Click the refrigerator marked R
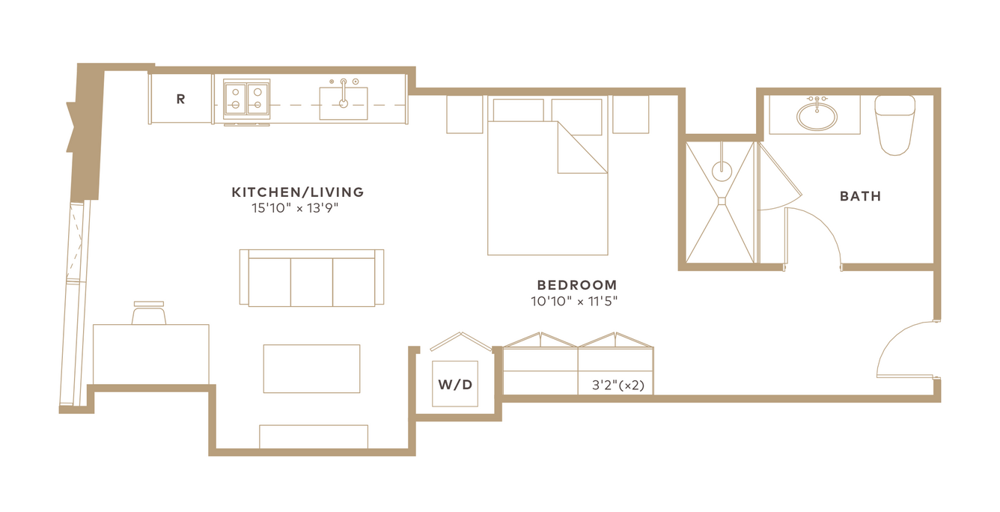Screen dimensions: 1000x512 tap(181, 99)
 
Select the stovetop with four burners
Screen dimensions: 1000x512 tap(247, 98)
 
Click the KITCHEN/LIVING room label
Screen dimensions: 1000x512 tap(298, 192)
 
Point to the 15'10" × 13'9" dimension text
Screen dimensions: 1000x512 tap(295, 208)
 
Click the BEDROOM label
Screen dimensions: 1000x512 tap(577, 284)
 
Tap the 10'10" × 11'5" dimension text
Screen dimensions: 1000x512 tap(574, 302)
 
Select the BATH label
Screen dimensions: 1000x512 tap(860, 196)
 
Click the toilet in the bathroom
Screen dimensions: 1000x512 tap(894, 125)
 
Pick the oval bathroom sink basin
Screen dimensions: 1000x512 tap(817, 117)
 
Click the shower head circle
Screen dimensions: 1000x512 tap(722, 171)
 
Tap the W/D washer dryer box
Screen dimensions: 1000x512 tap(455, 384)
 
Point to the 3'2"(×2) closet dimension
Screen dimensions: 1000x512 tap(618, 385)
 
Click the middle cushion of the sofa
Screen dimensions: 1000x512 tap(311, 282)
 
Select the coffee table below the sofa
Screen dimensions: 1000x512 tap(311, 369)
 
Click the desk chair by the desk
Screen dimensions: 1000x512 tap(149, 313)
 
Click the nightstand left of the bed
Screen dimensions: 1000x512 tap(465, 115)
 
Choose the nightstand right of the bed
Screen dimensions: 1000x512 tap(630, 115)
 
